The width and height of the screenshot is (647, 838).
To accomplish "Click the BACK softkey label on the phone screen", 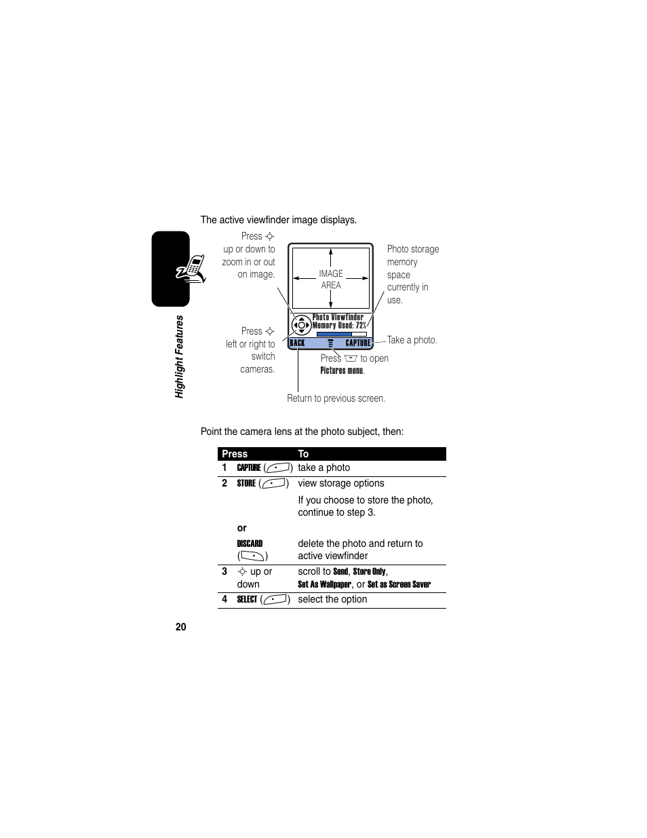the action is click(x=297, y=343).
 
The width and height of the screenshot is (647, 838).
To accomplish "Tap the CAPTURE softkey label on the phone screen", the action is click(x=358, y=343).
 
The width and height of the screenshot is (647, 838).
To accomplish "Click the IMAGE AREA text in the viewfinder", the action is click(x=331, y=280).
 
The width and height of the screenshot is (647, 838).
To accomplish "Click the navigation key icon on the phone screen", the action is click(x=301, y=325).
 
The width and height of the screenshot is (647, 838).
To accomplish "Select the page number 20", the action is click(x=180, y=627).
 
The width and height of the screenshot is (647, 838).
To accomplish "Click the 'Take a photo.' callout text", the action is click(x=412, y=340).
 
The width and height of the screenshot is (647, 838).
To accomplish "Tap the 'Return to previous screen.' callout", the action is click(x=336, y=398).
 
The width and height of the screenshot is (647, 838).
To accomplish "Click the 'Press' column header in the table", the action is click(x=235, y=454).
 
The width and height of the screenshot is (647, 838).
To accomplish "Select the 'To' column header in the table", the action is click(x=303, y=454).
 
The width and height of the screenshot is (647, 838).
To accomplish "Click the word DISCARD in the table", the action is click(x=250, y=544).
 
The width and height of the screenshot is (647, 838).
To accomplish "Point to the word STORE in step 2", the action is click(x=246, y=483).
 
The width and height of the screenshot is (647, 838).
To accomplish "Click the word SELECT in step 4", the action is click(x=247, y=599).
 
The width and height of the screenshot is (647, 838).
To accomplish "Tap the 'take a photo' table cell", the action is click(x=324, y=468).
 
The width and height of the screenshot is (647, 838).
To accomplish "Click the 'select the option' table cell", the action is click(x=332, y=599).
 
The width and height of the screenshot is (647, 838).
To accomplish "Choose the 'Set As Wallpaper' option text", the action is click(x=324, y=584).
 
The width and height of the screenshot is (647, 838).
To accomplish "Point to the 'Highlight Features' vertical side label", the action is click(x=180, y=356).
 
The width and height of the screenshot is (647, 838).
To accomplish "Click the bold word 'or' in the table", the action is click(x=241, y=528).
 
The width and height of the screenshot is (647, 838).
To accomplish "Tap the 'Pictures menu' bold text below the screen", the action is click(x=342, y=370).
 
